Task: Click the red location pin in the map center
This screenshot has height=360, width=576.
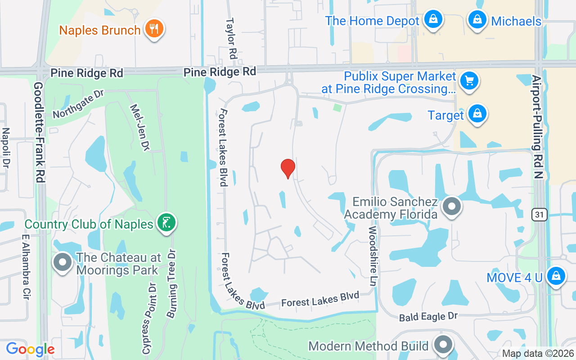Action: (288, 168)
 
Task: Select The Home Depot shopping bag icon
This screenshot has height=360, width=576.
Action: (432, 19)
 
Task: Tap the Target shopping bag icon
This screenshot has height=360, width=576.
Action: (477, 114)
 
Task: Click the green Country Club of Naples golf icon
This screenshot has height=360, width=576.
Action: (166, 222)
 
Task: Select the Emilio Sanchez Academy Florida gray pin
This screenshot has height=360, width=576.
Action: (452, 207)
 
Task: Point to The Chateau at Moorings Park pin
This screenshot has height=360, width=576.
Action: (63, 262)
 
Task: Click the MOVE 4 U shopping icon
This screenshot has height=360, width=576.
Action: (556, 276)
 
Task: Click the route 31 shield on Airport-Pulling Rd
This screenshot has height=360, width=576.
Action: (539, 215)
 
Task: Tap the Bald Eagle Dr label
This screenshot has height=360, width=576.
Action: (428, 317)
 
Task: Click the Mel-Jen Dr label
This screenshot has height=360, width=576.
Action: (139, 127)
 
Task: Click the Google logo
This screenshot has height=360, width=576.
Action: (30, 349)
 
